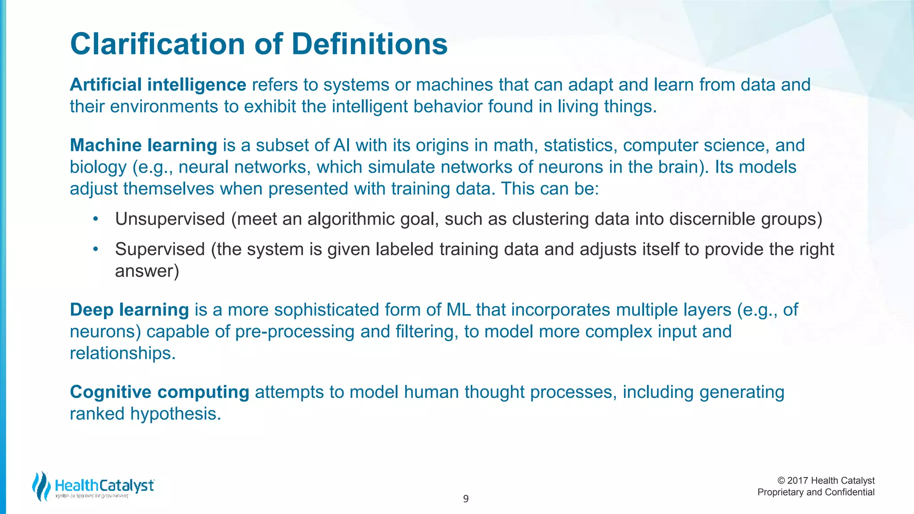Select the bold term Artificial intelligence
click(x=158, y=85)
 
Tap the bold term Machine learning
click(x=143, y=145)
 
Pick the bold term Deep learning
click(x=129, y=310)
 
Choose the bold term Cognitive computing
click(x=159, y=392)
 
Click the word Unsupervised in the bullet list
click(x=170, y=219)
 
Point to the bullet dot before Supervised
click(x=95, y=249)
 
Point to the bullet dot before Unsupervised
click(x=95, y=219)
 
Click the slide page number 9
click(x=465, y=499)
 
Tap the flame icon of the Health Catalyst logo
click(x=42, y=486)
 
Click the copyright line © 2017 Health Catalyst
click(x=826, y=481)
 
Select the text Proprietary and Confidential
click(x=816, y=492)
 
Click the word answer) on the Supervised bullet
click(x=147, y=271)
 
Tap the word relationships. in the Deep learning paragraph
click(x=123, y=353)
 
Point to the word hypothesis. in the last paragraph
click(x=175, y=414)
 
